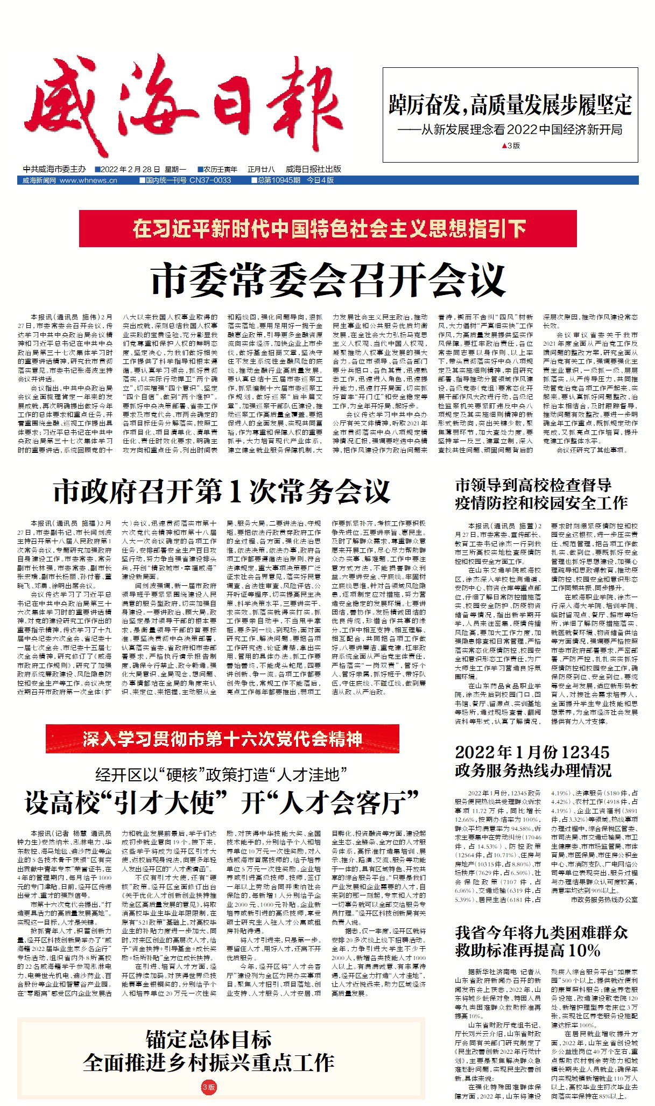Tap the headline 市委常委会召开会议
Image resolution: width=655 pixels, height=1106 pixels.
pos(328,279)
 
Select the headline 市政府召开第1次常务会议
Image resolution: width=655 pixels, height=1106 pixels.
pos(222,491)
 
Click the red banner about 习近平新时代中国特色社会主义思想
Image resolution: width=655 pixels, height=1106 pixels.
pos(328,229)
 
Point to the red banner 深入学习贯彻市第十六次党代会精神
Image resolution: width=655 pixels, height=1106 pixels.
pos(222,739)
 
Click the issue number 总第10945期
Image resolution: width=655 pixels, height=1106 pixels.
pos(278,180)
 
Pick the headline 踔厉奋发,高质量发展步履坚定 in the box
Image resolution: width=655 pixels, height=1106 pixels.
pos(510,105)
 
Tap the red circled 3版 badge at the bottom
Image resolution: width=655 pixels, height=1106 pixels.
pos(209,1087)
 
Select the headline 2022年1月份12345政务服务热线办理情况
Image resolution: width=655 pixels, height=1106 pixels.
pos(532,761)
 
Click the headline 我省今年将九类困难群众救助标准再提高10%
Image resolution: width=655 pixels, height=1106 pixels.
pos(541,941)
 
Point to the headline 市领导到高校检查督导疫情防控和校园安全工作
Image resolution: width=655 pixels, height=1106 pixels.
pos(541,494)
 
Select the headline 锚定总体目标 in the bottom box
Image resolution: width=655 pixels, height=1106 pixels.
pos(209,1039)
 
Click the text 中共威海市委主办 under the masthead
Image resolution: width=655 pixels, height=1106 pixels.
pos(54,169)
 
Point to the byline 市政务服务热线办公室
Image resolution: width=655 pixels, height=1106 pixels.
pos(604,899)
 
